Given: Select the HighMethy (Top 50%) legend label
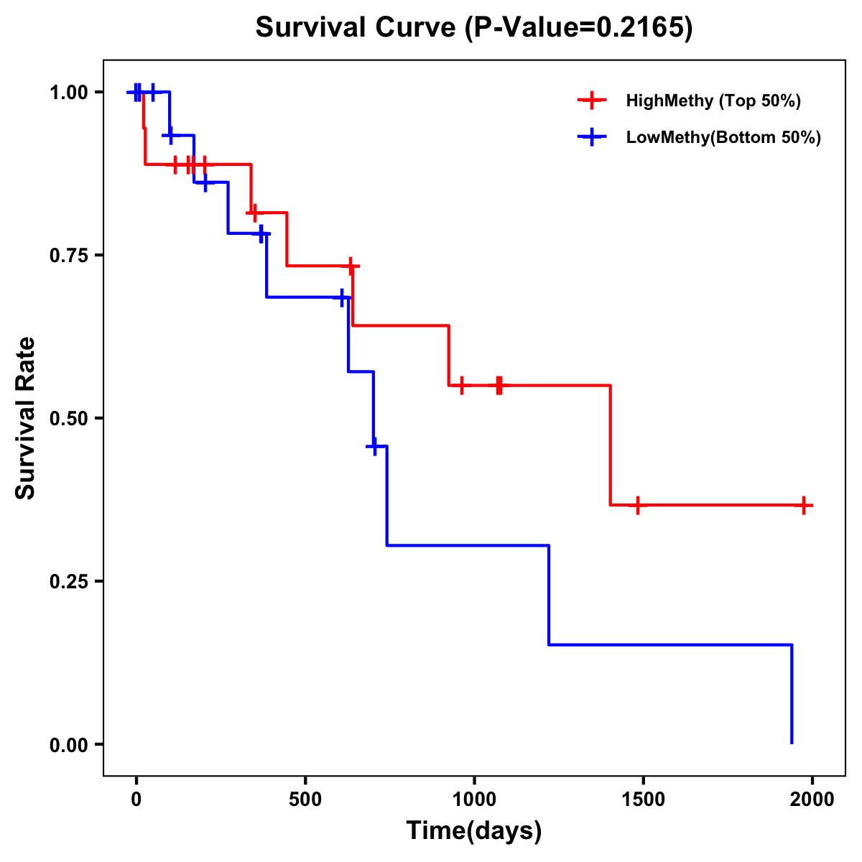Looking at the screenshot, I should (713, 101).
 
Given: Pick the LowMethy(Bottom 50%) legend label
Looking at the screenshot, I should (723, 137).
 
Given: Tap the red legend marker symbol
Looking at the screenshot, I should (592, 101).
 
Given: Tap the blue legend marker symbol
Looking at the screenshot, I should (592, 137).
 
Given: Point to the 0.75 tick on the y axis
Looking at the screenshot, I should (68, 255).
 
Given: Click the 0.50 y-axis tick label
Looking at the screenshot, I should (68, 418).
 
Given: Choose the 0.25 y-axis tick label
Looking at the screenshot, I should (68, 581).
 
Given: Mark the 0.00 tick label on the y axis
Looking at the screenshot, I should (68, 745).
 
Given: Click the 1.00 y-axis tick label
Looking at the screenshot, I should (68, 93).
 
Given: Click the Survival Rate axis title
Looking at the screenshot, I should (26, 418).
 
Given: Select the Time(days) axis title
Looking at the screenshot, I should (474, 831).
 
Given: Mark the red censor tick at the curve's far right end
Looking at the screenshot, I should (804, 505).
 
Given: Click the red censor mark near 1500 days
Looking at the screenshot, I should (636, 505).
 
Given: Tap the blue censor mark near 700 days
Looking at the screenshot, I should (374, 446).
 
